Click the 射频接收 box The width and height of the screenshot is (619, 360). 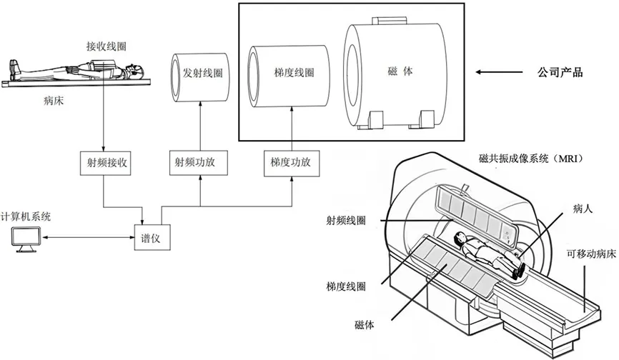point(104,162)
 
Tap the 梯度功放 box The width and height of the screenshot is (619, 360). point(291,162)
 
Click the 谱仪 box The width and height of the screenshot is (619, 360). point(151,236)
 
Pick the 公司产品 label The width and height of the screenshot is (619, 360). point(560,72)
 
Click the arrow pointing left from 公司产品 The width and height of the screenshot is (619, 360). point(496,72)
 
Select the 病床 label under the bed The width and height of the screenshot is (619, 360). point(55,101)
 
